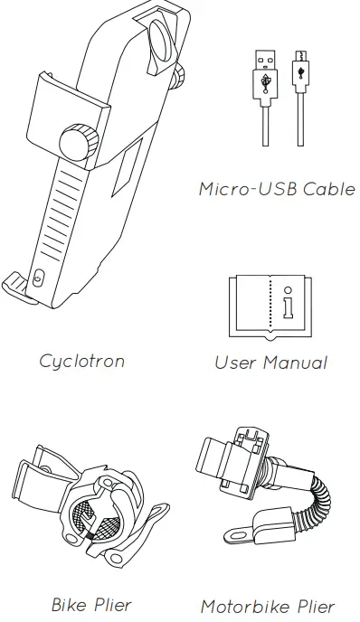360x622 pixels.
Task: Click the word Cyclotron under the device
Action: (81, 361)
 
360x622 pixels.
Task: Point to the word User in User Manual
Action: (236, 363)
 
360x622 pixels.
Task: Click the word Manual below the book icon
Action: (295, 363)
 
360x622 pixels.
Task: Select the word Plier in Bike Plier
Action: (111, 604)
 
